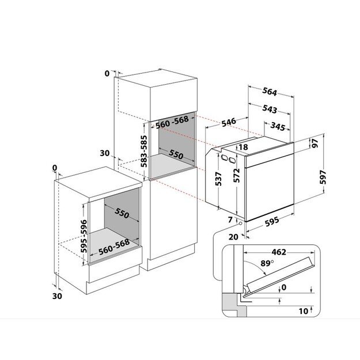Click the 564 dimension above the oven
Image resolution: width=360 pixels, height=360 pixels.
tap(270, 92)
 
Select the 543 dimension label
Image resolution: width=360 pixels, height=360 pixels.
tap(270, 109)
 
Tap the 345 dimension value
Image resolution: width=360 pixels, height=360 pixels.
tap(278, 126)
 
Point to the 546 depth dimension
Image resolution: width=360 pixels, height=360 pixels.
tap(229, 122)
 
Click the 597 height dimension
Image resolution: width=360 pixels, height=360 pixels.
tap(323, 177)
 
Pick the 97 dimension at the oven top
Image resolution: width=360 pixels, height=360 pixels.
tap(315, 143)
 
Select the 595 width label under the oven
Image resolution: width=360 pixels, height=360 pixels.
tap(272, 221)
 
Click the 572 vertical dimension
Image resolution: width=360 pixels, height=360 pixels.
tap(236, 176)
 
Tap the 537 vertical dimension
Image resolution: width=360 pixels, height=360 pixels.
tap(218, 179)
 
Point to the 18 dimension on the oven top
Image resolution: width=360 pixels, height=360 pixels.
tap(244, 147)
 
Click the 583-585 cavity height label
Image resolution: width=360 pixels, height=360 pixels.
tap(144, 151)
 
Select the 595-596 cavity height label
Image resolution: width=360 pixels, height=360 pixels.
tap(84, 236)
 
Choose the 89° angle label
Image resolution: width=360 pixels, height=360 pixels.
tap(267, 263)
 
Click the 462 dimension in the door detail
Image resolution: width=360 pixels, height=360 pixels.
tap(279, 252)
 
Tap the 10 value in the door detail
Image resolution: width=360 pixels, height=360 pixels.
tap(304, 311)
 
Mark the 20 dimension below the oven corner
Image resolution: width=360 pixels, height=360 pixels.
tap(233, 237)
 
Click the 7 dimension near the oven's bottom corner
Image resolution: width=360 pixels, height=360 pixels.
tap(230, 219)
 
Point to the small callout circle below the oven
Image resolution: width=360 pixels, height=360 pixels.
tap(240, 223)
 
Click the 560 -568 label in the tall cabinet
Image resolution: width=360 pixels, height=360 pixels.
tap(172, 122)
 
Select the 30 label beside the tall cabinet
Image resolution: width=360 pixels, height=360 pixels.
tap(105, 153)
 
